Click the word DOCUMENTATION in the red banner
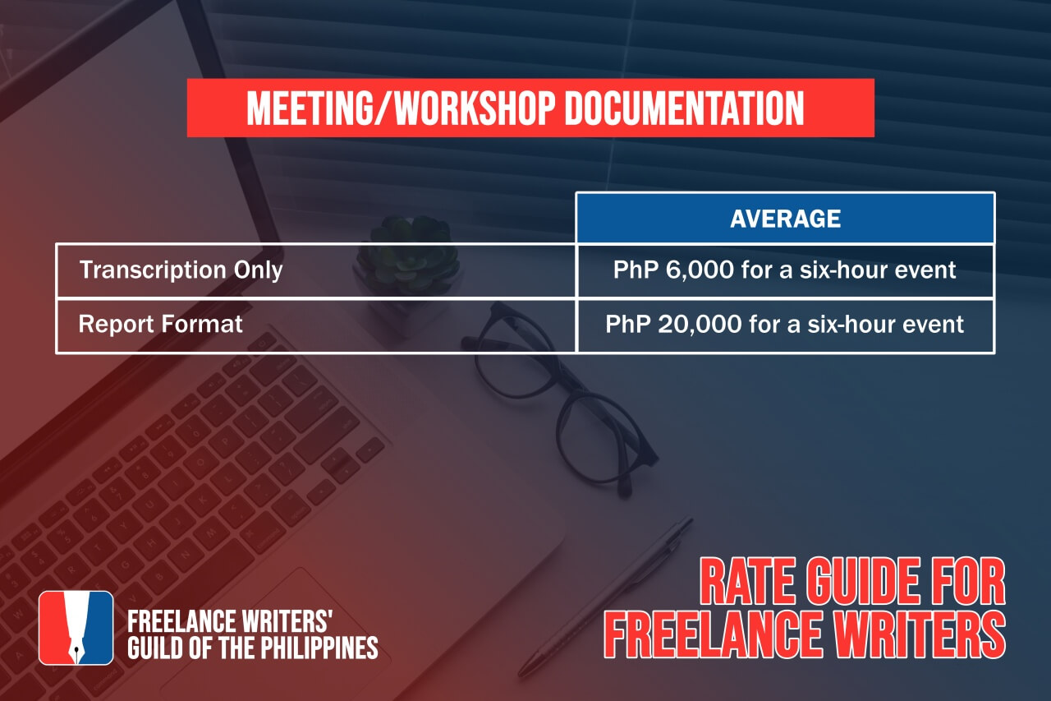point(685,108)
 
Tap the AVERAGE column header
point(786,219)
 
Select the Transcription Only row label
point(181,270)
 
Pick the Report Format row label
point(160,324)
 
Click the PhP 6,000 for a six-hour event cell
point(784,270)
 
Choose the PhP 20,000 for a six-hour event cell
point(784,324)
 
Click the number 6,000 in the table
point(700,270)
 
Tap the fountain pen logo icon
point(76,628)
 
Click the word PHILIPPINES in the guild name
point(319,648)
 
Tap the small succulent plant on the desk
point(408,254)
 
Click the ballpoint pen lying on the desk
point(605,597)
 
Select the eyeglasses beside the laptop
point(558,399)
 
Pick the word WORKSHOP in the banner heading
point(475,108)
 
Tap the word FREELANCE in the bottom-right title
point(713,634)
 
